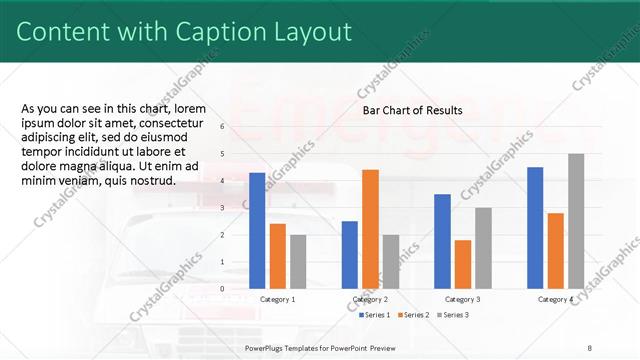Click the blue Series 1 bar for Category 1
pos(257,230)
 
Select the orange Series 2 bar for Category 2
pos(370,228)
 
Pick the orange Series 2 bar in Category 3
pos(462,263)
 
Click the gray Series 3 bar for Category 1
pos(298,261)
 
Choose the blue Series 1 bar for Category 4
pos(535,227)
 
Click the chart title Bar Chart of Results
pos(412,110)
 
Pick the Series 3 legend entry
pos(452,315)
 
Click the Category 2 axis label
pos(370,299)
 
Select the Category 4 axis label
pos(556,299)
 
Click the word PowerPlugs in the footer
pos(267,347)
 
